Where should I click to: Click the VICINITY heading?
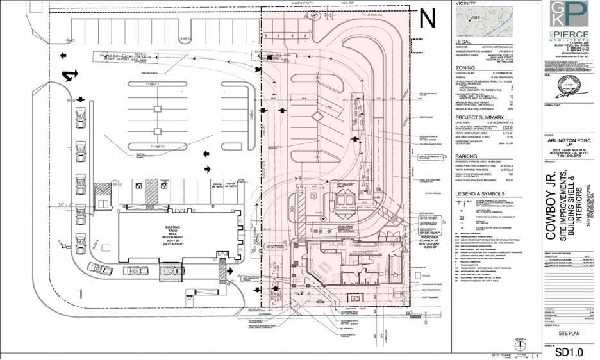(467, 4)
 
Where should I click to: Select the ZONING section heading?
(465, 66)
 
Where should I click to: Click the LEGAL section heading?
(464, 40)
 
